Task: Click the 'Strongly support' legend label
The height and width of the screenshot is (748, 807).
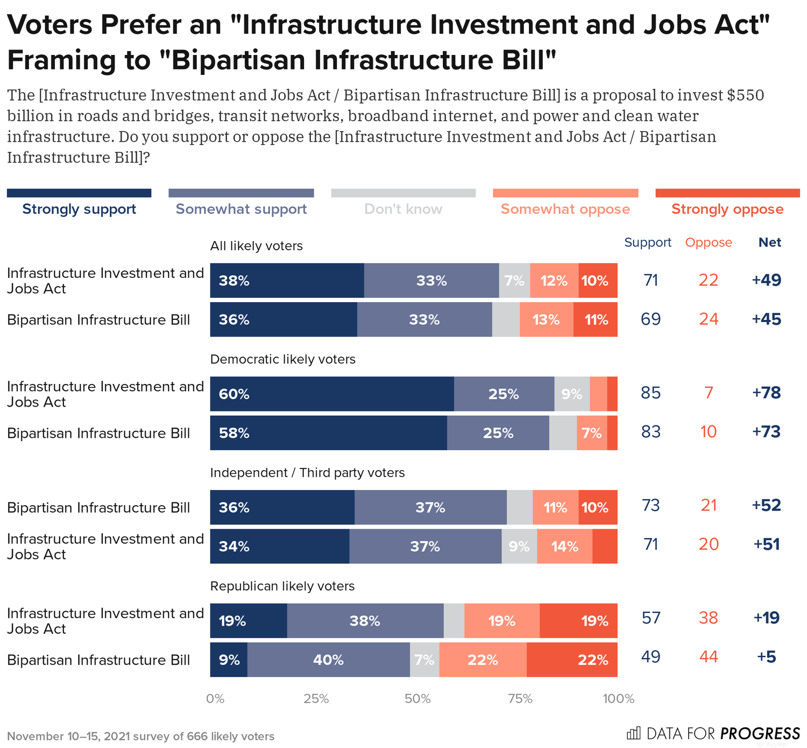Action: point(79,209)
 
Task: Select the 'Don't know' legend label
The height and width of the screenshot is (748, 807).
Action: point(403,209)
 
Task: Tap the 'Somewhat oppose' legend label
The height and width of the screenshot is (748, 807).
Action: point(565,209)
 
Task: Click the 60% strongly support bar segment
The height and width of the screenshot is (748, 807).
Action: point(332,394)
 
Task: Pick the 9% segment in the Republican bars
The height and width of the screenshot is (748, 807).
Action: point(229,660)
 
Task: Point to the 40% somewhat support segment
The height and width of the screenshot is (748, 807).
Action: point(328,660)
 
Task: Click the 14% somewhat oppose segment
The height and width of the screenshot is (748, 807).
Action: point(564,547)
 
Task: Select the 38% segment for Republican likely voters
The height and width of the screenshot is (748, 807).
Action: point(365,621)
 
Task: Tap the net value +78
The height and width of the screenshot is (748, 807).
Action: point(766,393)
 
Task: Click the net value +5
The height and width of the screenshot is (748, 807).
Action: point(766,656)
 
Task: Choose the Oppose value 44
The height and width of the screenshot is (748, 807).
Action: point(709,656)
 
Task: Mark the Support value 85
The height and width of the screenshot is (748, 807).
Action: point(650,393)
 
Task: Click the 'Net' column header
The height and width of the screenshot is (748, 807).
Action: point(769,242)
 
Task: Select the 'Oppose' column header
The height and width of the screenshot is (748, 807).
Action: point(708,242)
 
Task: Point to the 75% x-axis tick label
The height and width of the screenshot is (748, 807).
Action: point(520,699)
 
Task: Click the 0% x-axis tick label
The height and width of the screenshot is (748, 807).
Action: point(215,699)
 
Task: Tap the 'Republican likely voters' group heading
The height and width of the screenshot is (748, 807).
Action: point(282,586)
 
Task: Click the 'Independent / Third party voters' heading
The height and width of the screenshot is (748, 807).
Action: point(307,473)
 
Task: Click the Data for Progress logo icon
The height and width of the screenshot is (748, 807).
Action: point(633,733)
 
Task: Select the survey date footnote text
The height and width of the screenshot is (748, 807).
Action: point(140,736)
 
